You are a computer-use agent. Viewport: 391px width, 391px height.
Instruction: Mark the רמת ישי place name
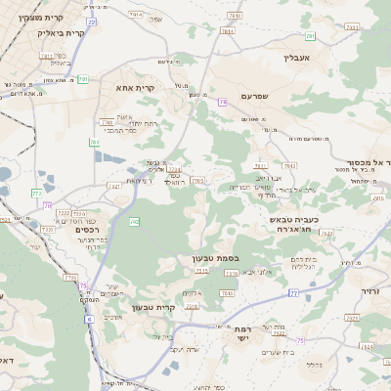click(x=241, y=331)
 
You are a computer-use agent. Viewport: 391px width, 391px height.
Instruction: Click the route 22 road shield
click(x=91, y=21)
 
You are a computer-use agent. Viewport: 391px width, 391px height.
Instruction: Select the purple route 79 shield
click(x=223, y=102)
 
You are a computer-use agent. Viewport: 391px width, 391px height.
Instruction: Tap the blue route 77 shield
click(x=292, y=293)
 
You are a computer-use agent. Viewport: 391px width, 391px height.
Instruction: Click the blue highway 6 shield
click(x=89, y=318)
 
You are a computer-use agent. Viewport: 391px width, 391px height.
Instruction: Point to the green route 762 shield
click(x=134, y=222)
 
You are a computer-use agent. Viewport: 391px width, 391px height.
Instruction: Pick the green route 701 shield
click(x=83, y=78)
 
